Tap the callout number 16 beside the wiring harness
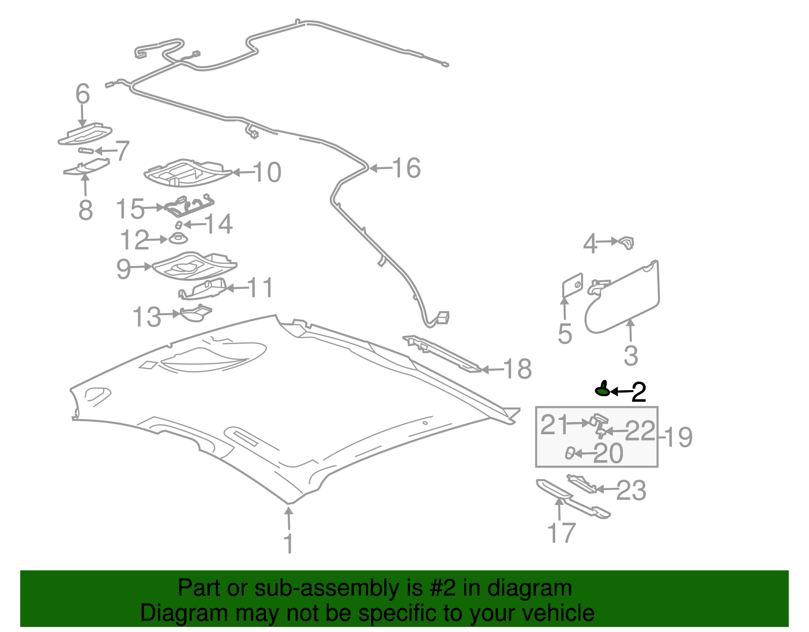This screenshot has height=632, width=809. [x=407, y=168]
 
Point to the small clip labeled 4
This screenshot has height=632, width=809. [x=626, y=242]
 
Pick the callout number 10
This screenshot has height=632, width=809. [x=267, y=173]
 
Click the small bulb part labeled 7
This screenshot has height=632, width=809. [x=85, y=150]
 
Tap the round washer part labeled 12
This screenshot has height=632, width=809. [x=178, y=238]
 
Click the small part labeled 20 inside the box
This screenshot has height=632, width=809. [x=570, y=453]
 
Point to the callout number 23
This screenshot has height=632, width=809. [x=632, y=490]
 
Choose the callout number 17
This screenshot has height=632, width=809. [x=561, y=533]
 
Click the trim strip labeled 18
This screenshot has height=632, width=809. [x=442, y=354]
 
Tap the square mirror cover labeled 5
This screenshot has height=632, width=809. [x=572, y=285]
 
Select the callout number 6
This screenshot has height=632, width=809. [x=82, y=94]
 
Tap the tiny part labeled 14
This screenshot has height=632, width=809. [x=178, y=225]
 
